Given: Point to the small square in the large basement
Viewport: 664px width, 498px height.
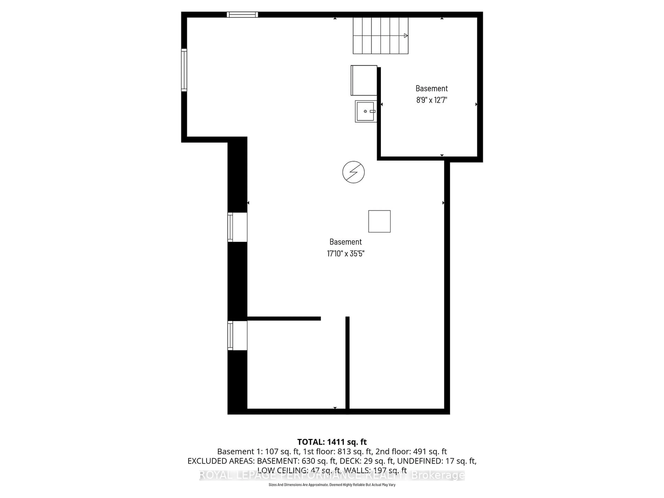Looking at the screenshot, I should [379, 221].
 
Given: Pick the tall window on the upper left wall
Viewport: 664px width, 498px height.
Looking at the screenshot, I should [184, 70].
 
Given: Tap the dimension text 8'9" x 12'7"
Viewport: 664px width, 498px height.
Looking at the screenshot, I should [432, 100].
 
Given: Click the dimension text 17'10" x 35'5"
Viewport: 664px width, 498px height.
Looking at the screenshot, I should [345, 254].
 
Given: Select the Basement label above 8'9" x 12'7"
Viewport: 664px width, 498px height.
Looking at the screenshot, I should [432, 88].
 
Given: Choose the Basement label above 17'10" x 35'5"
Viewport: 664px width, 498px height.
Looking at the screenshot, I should [345, 242].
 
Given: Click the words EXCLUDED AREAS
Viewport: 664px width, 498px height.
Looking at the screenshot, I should [221, 461].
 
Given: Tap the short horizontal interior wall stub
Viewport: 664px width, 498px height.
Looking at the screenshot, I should [284, 319].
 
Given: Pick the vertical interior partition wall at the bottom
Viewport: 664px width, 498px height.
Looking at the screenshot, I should [347, 363].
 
